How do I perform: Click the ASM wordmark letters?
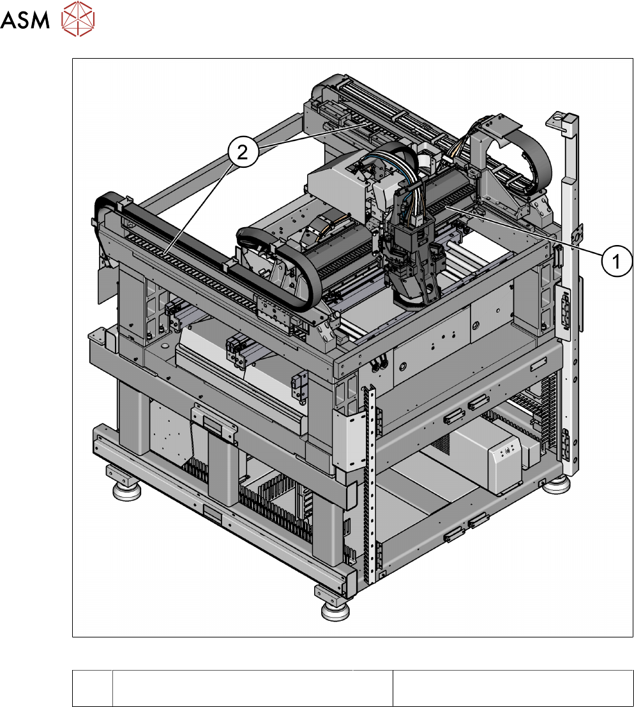[24, 19]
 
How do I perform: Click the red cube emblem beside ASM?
[78, 19]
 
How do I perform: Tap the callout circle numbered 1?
[617, 260]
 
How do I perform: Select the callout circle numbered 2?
[243, 152]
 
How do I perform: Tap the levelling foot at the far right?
[555, 485]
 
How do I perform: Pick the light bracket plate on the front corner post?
[349, 438]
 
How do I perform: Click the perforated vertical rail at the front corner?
[370, 482]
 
